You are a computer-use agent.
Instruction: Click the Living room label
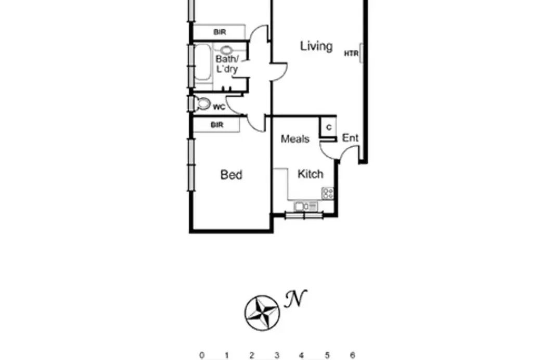(x=316, y=46)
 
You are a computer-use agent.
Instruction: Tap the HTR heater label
(x=351, y=53)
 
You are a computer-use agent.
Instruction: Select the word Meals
(x=295, y=139)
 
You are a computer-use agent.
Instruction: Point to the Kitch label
(x=310, y=174)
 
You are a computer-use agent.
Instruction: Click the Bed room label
(x=232, y=175)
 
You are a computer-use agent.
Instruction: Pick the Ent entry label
(x=350, y=138)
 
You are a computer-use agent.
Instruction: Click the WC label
(x=219, y=107)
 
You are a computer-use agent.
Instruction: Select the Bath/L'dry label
(x=226, y=63)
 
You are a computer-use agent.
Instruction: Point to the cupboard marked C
(x=328, y=127)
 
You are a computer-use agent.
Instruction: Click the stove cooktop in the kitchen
(x=328, y=193)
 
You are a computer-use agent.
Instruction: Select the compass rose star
(x=262, y=312)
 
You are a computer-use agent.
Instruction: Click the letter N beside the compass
(x=295, y=299)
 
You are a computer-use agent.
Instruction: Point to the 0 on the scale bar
(x=202, y=355)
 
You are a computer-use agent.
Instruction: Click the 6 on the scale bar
(x=352, y=355)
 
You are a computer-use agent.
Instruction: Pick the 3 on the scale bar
(x=277, y=355)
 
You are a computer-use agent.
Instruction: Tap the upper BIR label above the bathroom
(x=220, y=32)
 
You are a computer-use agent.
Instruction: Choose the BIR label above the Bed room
(x=217, y=125)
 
